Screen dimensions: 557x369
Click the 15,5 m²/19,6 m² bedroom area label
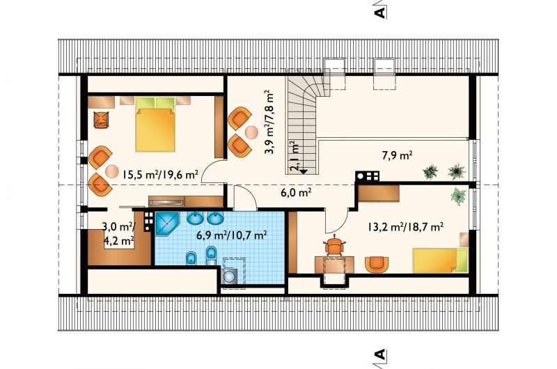160,174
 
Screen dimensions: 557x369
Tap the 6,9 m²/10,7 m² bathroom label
232,235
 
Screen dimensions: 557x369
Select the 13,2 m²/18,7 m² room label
405,226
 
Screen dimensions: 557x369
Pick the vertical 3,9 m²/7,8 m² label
269,121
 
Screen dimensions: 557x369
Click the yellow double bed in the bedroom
155,124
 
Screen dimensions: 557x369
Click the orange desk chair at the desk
334,246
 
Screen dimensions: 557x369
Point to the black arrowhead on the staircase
303,171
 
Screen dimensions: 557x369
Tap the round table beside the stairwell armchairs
252,132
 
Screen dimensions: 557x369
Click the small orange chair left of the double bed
101,119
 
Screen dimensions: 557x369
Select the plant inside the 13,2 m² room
458,196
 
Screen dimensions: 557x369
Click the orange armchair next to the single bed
377,265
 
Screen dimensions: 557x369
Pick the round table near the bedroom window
111,171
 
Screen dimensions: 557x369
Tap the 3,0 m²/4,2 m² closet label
118,234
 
